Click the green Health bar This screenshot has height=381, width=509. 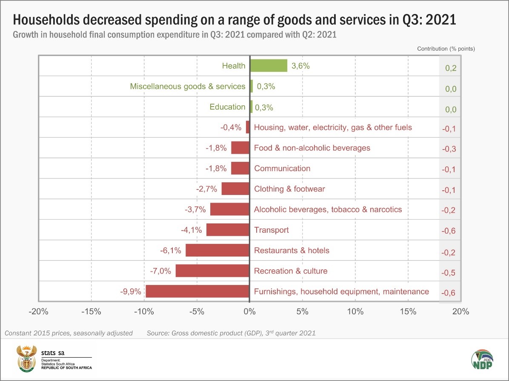click(268, 65)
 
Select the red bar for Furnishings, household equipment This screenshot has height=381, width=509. click(197, 291)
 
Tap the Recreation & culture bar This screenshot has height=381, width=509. click(212, 271)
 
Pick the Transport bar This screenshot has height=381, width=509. click(228, 230)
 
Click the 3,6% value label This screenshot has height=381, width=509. click(301, 66)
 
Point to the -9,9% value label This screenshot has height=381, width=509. click(130, 291)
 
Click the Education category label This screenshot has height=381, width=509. click(227, 107)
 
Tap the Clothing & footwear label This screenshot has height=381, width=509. click(289, 189)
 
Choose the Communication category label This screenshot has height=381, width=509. click(282, 168)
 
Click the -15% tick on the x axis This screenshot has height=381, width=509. click(91, 311)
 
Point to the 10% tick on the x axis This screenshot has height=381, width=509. click(355, 311)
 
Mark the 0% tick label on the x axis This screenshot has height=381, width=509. click(249, 311)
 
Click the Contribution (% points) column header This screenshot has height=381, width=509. click(446, 48)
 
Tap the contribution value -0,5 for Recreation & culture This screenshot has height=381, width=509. click(449, 273)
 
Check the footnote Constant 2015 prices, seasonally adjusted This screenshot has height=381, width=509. click(69, 333)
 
